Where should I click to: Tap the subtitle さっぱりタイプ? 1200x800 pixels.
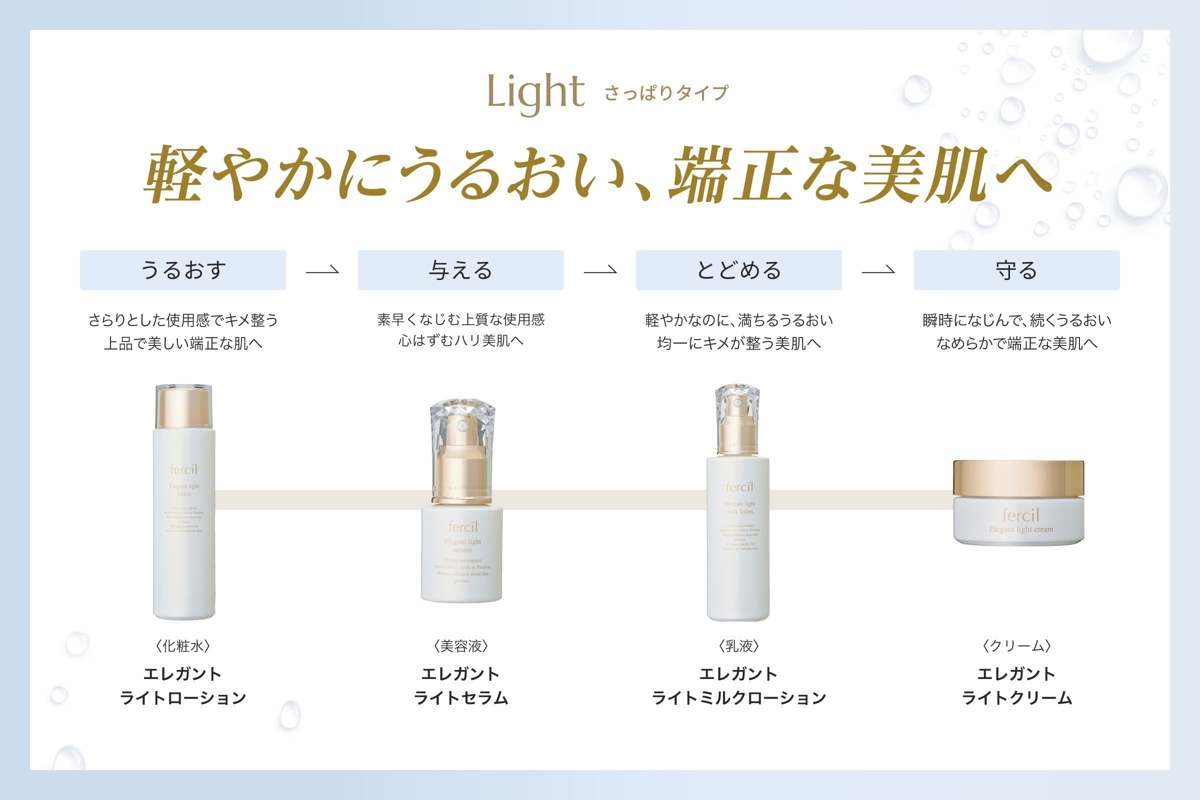(x=666, y=93)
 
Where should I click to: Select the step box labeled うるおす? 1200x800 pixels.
(x=182, y=270)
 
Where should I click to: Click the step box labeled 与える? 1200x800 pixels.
(x=460, y=270)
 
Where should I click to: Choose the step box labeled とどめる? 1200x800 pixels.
(x=738, y=270)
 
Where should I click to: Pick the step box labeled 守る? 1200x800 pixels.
(x=1016, y=270)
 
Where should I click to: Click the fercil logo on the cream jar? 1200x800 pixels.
(x=1020, y=515)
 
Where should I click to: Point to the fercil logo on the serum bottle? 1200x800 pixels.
(x=463, y=526)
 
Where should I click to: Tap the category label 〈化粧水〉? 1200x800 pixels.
(x=182, y=646)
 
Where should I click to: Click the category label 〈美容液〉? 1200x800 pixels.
(x=460, y=646)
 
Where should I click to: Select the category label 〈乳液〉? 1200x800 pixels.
(x=738, y=646)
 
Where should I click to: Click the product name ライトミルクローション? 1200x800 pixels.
(x=738, y=697)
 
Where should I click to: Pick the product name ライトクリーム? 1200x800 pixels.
(x=1016, y=697)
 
